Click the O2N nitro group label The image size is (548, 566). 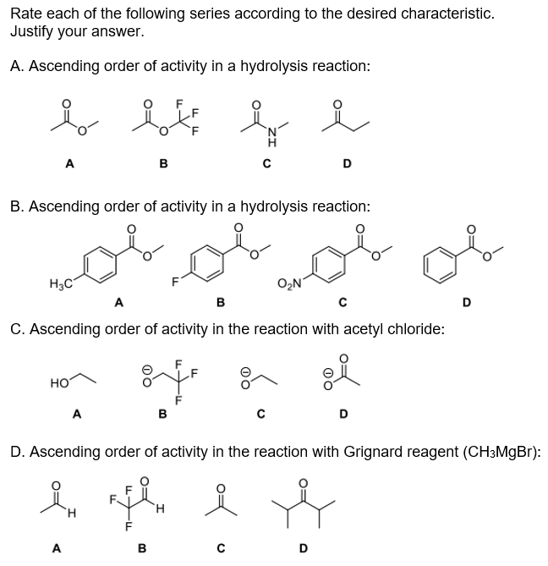[x=288, y=283]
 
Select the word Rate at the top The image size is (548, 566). [x=26, y=14]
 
